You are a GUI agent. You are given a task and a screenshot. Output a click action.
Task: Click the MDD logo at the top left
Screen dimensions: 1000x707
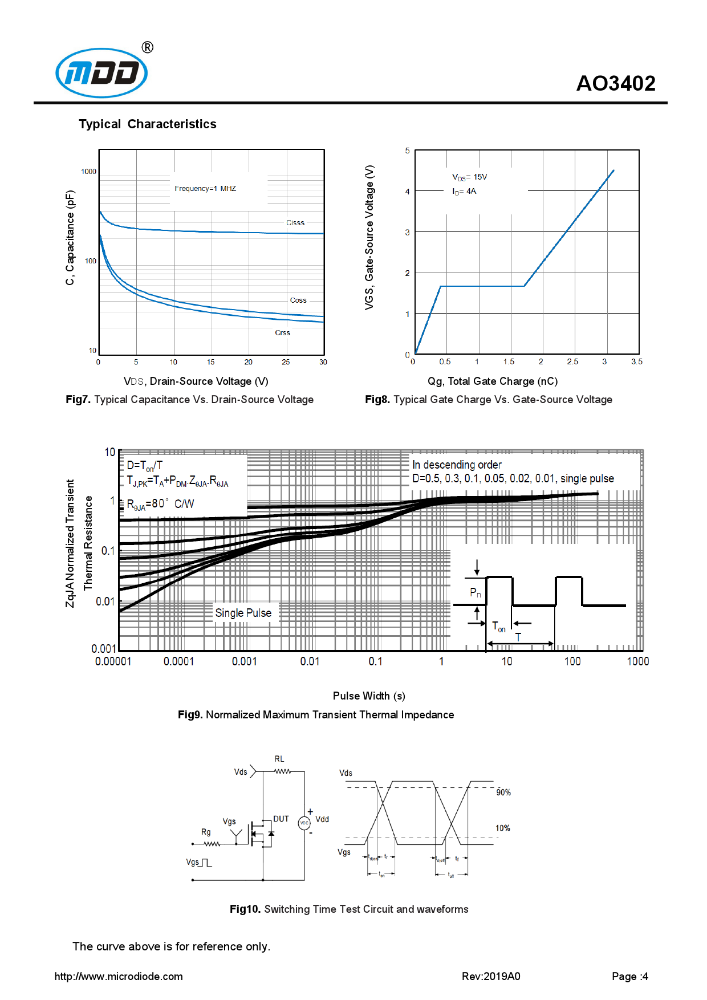click(101, 73)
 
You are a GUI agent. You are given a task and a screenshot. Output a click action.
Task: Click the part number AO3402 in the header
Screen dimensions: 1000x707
click(616, 84)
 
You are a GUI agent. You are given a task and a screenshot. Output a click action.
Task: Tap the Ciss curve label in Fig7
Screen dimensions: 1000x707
click(295, 223)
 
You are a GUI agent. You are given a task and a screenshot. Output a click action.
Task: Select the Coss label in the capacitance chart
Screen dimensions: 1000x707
click(298, 300)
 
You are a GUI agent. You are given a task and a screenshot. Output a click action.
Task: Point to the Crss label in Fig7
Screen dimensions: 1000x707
click(283, 333)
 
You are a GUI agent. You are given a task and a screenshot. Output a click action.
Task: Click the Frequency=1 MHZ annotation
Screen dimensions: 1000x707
click(205, 189)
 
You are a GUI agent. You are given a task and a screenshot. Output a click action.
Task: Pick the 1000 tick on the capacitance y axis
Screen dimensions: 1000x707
click(88, 172)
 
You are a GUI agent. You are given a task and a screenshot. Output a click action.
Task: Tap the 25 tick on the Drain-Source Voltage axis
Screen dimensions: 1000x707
click(286, 362)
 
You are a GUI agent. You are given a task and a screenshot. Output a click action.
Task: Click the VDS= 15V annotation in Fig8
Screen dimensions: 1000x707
click(470, 177)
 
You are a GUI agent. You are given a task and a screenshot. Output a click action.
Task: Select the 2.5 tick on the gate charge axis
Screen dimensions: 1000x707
click(572, 362)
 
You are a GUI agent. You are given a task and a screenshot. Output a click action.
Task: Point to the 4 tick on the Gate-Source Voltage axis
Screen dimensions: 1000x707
click(407, 192)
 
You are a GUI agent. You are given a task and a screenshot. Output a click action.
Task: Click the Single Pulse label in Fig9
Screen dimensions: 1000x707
click(243, 613)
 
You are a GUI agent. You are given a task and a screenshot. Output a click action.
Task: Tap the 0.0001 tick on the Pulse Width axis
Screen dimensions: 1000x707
click(178, 661)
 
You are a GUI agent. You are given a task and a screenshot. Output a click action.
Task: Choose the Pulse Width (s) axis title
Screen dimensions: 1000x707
click(369, 696)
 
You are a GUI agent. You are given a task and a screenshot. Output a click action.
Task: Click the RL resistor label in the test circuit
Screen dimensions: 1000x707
click(279, 759)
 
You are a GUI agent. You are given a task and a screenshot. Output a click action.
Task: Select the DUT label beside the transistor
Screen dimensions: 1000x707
click(281, 819)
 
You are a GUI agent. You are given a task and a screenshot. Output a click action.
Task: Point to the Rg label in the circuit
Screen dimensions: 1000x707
click(206, 832)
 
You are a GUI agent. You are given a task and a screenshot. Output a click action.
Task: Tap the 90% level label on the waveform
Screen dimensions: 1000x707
click(503, 792)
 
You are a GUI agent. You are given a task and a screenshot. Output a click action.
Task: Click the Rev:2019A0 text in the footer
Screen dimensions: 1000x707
click(491, 977)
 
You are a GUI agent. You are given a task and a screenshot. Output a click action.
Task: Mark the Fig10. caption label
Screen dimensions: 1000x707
click(245, 909)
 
